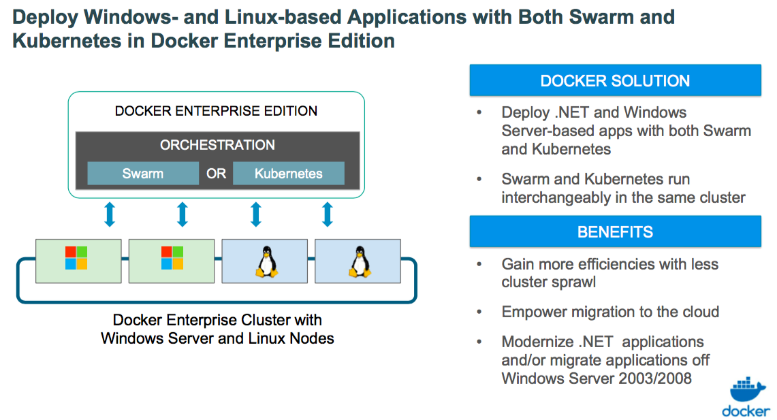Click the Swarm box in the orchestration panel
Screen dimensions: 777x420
click(143, 174)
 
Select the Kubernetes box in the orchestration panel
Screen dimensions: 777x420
click(289, 174)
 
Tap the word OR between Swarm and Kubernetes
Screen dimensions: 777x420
click(216, 174)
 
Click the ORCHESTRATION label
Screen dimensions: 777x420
click(217, 145)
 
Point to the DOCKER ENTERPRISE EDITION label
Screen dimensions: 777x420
click(216, 111)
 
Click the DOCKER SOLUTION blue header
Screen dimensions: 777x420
click(615, 80)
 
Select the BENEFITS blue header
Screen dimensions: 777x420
click(615, 231)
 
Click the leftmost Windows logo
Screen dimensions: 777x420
click(76, 258)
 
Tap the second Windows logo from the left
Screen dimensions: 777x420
click(172, 258)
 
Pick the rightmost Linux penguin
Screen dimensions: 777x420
click(360, 261)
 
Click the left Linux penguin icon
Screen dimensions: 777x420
click(266, 261)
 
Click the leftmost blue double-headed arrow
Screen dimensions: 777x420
click(110, 214)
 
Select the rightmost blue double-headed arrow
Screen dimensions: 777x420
click(327, 214)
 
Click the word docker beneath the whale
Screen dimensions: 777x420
click(745, 411)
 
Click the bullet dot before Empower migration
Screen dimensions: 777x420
click(479, 312)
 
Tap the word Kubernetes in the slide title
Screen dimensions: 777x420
click(67, 41)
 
